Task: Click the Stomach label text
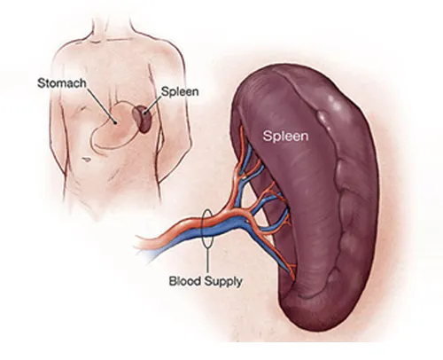62,83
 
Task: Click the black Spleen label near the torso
180,92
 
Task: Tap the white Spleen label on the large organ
285,136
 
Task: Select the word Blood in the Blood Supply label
184,281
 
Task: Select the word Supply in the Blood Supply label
223,281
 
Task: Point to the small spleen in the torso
142,119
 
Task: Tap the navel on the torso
86,160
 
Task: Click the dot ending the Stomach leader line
115,122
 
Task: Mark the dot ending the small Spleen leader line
144,113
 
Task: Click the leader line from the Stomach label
101,105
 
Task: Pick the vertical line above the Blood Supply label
207,262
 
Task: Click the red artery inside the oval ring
207,221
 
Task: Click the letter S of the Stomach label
41,83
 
